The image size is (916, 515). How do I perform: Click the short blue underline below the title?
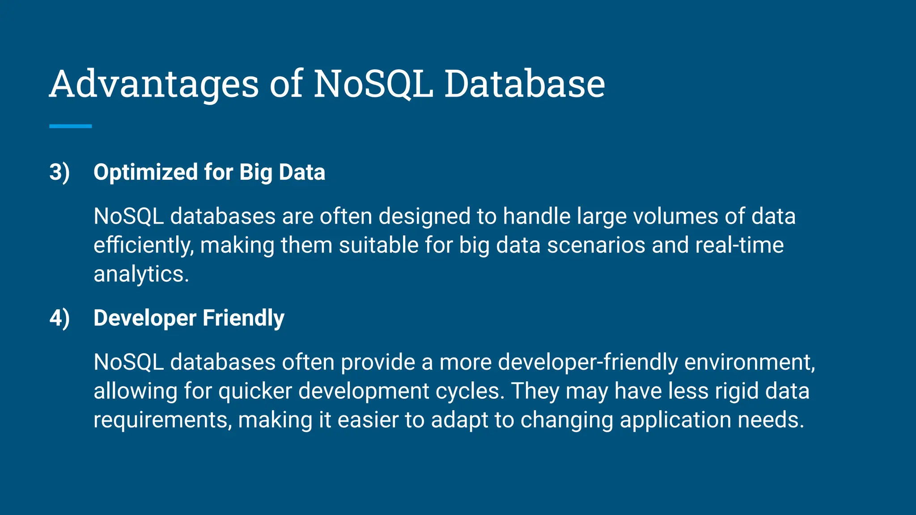(70, 127)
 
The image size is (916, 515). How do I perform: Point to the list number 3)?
(59, 173)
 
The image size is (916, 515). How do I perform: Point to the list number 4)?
(59, 318)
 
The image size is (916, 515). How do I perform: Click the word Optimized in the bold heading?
(145, 173)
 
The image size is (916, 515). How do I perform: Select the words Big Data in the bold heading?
(282, 173)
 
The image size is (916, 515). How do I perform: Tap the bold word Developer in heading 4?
(145, 318)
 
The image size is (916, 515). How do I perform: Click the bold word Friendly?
(243, 318)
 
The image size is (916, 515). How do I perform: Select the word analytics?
(141, 274)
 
